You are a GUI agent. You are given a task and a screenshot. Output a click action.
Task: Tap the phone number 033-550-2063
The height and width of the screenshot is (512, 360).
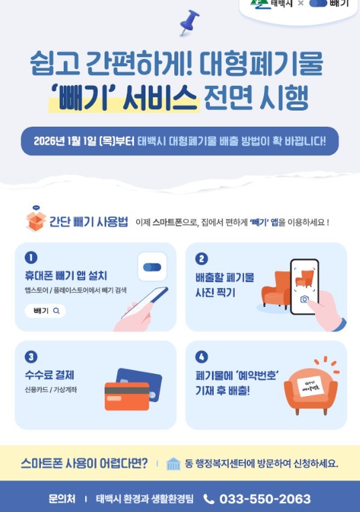click(x=265, y=499)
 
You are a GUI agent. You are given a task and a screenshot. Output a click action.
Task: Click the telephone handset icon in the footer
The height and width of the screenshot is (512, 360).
click(x=208, y=499)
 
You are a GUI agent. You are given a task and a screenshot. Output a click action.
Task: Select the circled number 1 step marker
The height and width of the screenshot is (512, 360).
click(x=31, y=257)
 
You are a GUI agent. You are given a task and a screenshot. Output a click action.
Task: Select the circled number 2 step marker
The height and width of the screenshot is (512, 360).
click(x=202, y=259)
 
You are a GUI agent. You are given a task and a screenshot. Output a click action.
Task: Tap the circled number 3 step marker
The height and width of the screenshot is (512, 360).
click(x=31, y=357)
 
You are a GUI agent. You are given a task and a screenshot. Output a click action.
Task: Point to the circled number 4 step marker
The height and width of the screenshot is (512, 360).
click(x=202, y=357)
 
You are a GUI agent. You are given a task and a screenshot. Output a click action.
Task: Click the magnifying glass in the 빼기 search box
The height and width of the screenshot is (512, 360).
click(x=56, y=311)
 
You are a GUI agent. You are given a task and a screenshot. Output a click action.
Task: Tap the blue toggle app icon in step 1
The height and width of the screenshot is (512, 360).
click(x=152, y=267)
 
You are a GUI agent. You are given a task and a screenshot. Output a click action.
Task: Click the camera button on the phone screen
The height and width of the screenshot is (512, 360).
click(x=304, y=299)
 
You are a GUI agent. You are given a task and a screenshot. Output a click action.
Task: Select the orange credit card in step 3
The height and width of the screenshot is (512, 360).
click(x=127, y=397)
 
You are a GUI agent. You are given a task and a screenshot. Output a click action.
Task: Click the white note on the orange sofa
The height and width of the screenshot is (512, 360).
click(x=310, y=387)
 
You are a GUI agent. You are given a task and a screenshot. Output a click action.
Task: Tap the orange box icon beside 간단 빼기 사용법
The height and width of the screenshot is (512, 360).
click(x=36, y=221)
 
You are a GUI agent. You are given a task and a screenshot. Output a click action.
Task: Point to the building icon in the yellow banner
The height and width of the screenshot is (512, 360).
click(x=173, y=464)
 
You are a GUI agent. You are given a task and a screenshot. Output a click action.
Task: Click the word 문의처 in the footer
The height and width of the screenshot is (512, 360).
click(x=62, y=499)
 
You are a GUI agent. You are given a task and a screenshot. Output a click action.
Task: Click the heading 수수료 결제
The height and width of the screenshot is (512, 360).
click(x=50, y=375)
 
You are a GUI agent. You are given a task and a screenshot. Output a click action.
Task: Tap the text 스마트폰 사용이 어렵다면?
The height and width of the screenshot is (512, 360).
click(x=84, y=463)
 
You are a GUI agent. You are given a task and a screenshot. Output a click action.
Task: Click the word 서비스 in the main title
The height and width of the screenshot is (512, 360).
click(x=160, y=97)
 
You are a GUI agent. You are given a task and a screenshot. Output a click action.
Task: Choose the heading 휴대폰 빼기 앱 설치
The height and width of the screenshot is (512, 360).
click(x=66, y=275)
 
